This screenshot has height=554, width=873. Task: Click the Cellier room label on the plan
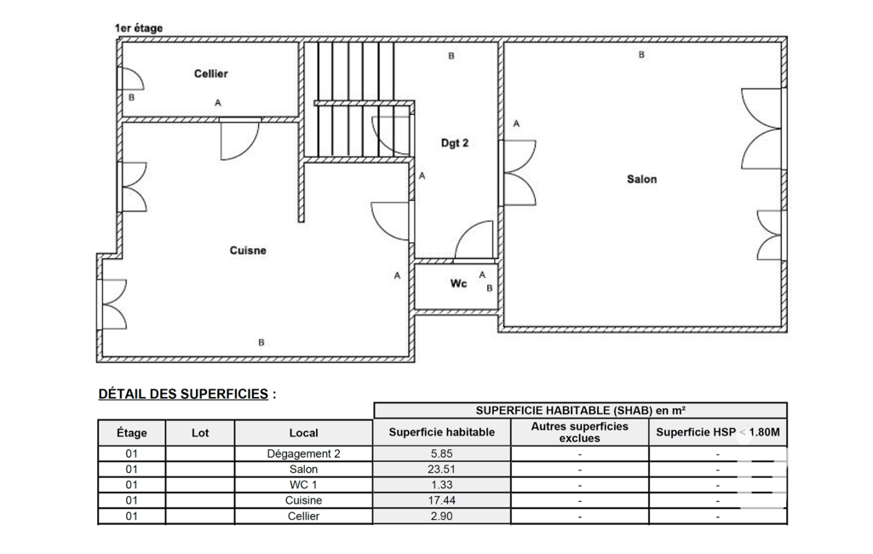coord(210,73)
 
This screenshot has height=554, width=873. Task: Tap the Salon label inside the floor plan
coord(641,179)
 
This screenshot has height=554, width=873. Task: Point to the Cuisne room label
coord(248,251)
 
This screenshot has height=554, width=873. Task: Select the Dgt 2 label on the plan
coord(454,143)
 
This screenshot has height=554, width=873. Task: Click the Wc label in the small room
coord(458,284)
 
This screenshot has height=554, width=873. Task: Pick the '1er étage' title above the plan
coord(139,28)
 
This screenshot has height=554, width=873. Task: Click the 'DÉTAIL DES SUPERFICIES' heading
coord(183,394)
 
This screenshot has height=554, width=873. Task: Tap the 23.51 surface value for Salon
coord(441,470)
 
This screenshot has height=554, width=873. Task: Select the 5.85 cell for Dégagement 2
coord(441,453)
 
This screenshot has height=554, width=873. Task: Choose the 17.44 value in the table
coord(441,500)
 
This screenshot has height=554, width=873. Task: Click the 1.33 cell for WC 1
coord(441,485)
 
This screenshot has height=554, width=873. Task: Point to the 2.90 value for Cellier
coord(441,516)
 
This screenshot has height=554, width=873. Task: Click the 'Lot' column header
coord(200,432)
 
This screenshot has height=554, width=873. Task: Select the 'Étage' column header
coord(131,432)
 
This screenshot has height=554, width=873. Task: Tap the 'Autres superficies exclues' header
coord(580,432)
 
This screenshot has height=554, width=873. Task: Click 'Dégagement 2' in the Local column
coord(303,453)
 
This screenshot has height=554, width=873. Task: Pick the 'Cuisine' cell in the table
coord(303,500)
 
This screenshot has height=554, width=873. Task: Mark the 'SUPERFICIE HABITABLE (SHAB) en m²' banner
coord(580,411)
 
